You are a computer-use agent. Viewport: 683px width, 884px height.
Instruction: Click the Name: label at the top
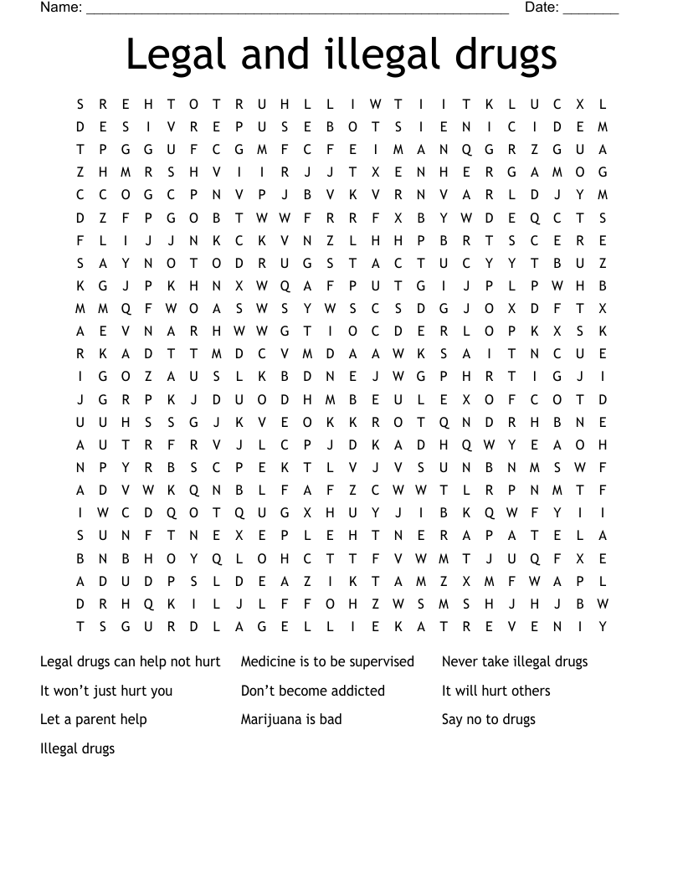pos(61,8)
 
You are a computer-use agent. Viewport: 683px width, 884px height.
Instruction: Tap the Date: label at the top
pos(542,8)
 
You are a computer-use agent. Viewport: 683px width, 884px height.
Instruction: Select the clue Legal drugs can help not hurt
pos(130,661)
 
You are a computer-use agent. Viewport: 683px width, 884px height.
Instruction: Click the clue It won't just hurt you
pos(106,691)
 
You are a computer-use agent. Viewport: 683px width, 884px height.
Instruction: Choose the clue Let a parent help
pos(93,719)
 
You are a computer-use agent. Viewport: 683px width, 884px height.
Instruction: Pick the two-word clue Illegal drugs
pos(77,748)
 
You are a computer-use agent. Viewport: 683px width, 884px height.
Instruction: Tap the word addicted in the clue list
pos(356,691)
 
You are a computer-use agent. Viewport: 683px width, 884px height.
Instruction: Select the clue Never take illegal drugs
pos(515,661)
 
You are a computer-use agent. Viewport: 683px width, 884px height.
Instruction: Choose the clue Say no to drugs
pos(488,719)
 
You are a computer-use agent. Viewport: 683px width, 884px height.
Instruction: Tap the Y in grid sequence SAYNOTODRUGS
pos(126,263)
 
